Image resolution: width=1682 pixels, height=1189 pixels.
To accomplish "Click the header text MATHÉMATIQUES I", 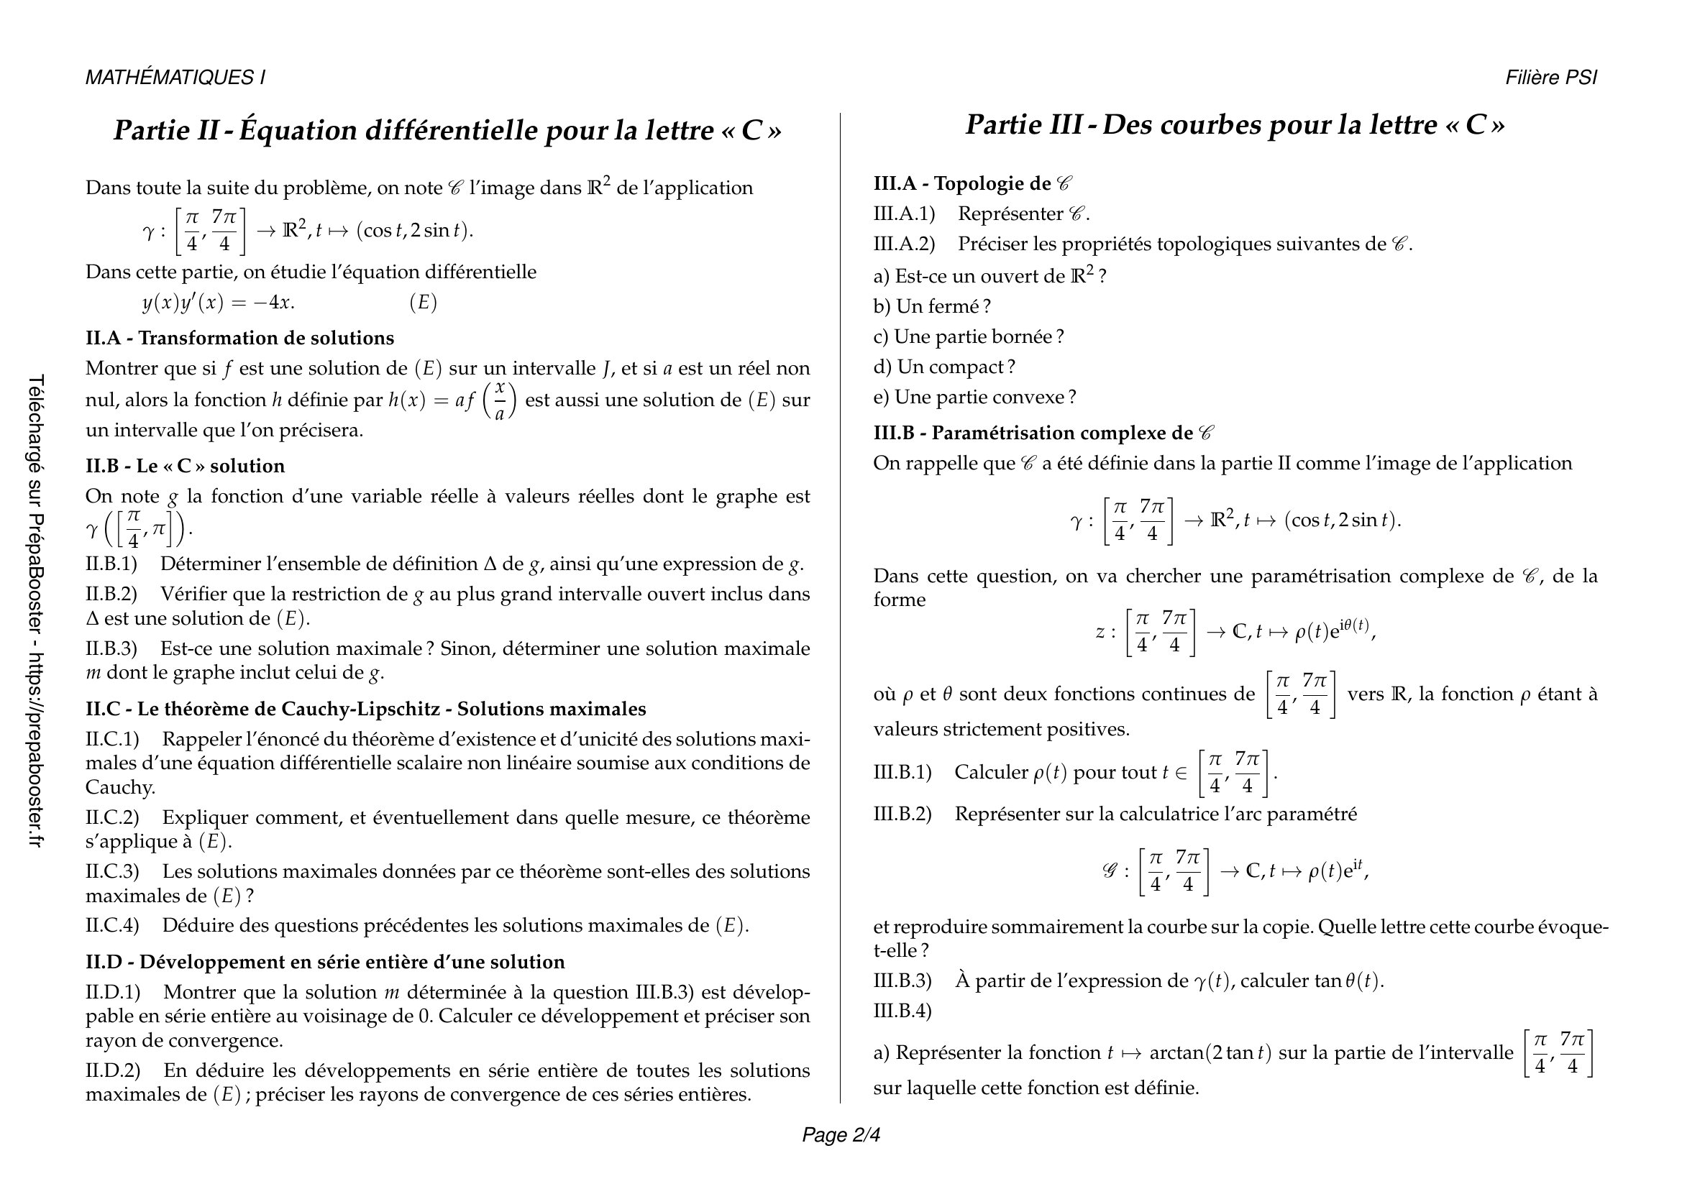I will pyautogui.click(x=175, y=78).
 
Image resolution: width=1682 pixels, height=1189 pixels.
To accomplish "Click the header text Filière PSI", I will pyautogui.click(x=1551, y=78).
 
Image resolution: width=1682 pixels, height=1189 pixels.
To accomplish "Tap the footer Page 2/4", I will pyautogui.click(x=841, y=1135).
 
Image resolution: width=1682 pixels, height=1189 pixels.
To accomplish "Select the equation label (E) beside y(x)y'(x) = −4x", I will pyautogui.click(x=423, y=303).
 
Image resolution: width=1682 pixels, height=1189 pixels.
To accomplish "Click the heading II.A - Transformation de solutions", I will pyautogui.click(x=239, y=339).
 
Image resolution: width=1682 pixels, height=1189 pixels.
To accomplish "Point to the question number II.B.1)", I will pyautogui.click(x=111, y=564).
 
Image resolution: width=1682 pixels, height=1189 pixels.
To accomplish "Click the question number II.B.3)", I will pyautogui.click(x=111, y=648).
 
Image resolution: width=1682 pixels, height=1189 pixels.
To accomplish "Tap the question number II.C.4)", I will pyautogui.click(x=112, y=925).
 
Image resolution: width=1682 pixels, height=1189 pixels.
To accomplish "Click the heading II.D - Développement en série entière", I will pyautogui.click(x=324, y=962).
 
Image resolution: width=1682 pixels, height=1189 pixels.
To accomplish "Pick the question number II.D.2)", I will pyautogui.click(x=113, y=1070).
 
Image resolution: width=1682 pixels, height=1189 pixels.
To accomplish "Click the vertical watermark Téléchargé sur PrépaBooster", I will pyautogui.click(x=36, y=611).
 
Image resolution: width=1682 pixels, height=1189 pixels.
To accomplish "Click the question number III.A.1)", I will pyautogui.click(x=904, y=214).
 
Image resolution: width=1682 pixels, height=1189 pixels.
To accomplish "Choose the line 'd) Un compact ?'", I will pyautogui.click(x=943, y=367).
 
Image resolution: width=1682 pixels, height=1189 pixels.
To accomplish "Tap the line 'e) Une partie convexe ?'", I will pyautogui.click(x=974, y=397).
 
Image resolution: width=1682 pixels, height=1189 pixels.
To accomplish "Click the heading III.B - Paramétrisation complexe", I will pyautogui.click(x=1043, y=433).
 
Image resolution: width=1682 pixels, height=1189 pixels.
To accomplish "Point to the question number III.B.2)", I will pyautogui.click(x=902, y=814).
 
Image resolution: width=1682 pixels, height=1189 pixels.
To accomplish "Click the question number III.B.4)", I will pyautogui.click(x=902, y=1011).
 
